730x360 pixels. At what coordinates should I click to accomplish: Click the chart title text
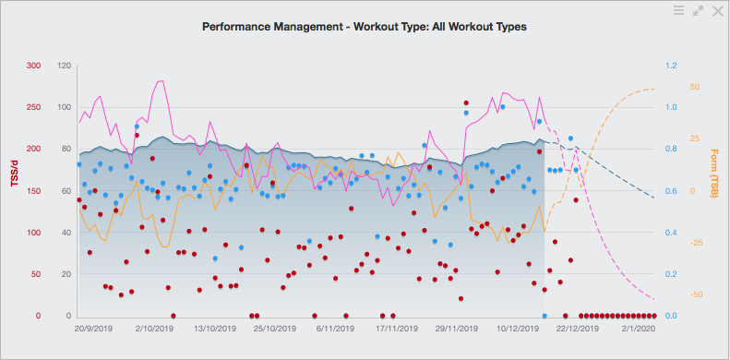point(365,28)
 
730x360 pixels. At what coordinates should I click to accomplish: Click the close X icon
point(717,10)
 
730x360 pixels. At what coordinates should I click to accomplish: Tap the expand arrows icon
point(698,10)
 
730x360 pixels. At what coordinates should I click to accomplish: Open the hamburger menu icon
point(678,10)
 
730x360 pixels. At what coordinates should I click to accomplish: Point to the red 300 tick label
point(33,66)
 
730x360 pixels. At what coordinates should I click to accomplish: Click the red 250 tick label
point(33,107)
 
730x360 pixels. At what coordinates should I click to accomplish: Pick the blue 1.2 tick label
point(673,66)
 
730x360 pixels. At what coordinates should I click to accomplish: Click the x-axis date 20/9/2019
point(93,328)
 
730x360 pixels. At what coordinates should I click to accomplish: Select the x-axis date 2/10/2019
point(154,328)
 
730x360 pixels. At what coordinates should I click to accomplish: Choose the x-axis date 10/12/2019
point(517,328)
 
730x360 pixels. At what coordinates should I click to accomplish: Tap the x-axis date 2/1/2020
point(638,328)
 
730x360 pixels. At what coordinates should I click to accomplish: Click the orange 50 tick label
point(695,88)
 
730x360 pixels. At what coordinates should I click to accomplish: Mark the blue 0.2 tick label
point(673,274)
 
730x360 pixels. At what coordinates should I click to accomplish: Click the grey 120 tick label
point(65,66)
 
